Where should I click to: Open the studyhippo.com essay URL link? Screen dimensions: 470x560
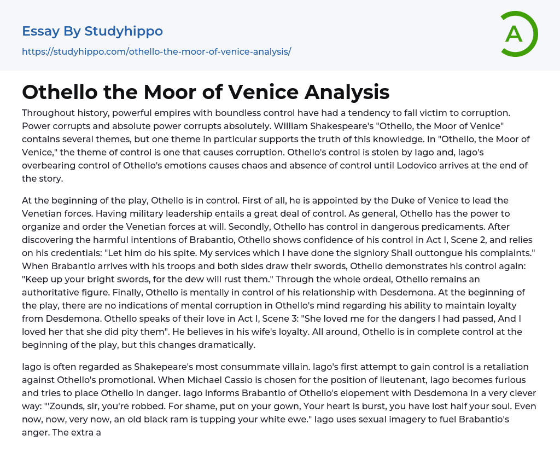coord(156,51)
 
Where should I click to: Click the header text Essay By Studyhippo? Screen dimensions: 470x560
coord(92,31)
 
